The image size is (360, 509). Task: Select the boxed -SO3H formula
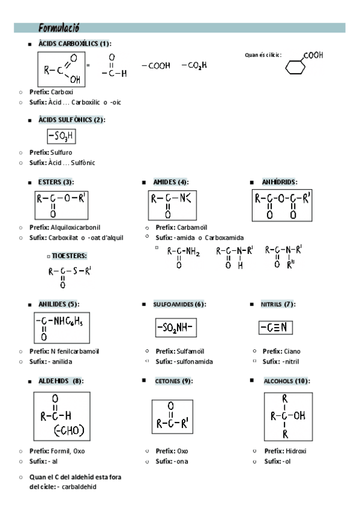(61, 137)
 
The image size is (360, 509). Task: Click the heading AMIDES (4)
(170, 182)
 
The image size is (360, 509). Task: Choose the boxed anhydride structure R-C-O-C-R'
(282, 205)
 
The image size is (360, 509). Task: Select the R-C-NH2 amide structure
(183, 255)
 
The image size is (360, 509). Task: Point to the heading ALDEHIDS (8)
(61, 381)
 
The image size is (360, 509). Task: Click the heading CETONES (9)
(173, 381)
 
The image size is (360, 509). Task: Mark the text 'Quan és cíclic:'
(263, 55)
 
